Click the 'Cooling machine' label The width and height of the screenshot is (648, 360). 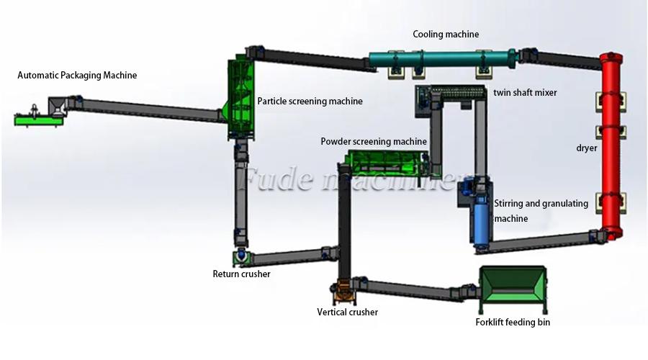445,34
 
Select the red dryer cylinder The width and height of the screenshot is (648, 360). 610,144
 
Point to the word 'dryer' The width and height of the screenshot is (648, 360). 587,148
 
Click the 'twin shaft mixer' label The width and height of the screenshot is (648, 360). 525,93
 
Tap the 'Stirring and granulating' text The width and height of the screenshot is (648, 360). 541,203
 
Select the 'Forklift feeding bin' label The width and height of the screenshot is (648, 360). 513,323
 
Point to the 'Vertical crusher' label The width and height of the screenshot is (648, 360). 347,312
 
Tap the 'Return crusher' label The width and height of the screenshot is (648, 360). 241,274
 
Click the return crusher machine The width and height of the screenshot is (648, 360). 240,256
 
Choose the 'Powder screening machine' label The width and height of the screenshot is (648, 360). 373,142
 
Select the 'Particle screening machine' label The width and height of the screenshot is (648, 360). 310,102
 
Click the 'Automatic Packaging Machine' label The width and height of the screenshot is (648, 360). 77,75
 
